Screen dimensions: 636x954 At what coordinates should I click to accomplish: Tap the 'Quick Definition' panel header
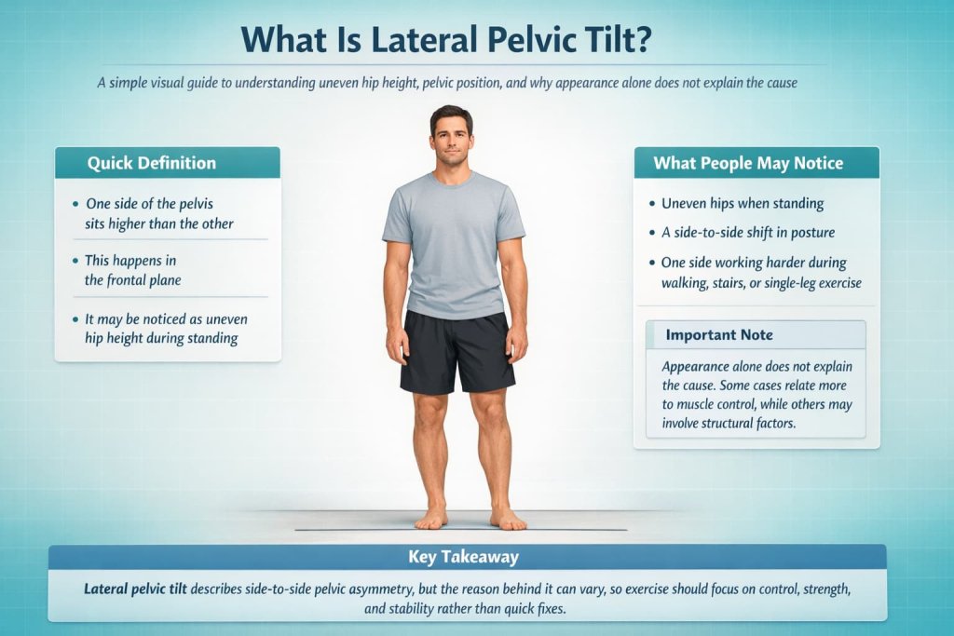click(x=152, y=163)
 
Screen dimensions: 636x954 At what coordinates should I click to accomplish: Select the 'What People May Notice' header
click(x=748, y=163)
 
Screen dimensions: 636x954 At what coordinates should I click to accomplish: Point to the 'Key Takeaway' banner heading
click(x=464, y=558)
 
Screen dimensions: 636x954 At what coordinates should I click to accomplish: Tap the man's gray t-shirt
click(x=454, y=242)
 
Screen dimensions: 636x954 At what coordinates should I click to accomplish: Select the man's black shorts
click(x=457, y=351)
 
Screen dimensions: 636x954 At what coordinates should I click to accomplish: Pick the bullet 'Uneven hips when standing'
click(x=742, y=203)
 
